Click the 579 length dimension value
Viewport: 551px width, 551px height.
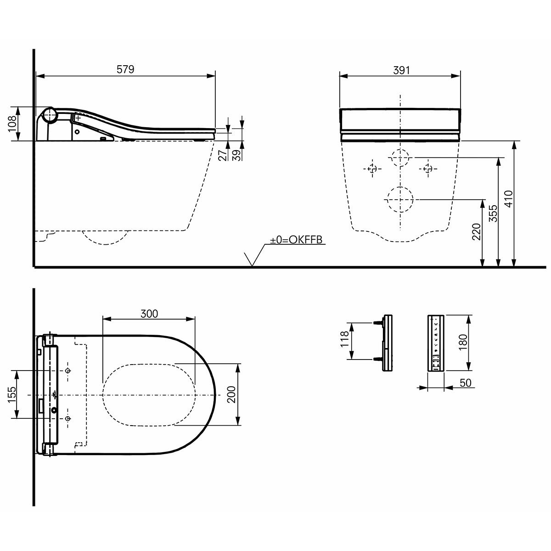click(x=125, y=69)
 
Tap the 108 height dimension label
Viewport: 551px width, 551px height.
click(x=13, y=124)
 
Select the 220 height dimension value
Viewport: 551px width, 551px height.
click(x=476, y=232)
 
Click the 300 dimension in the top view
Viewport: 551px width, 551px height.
click(x=149, y=314)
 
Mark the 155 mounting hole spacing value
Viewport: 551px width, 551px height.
click(x=12, y=394)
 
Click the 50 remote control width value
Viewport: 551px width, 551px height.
click(x=466, y=382)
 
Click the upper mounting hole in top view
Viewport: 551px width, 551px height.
click(x=68, y=371)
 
